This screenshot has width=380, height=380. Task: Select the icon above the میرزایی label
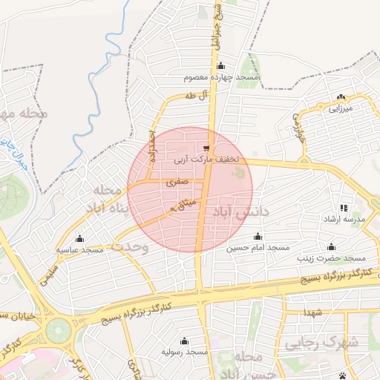click(x=341, y=96)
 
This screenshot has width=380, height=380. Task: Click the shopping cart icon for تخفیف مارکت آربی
click(x=206, y=148)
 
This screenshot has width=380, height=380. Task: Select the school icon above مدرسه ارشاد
click(x=343, y=209)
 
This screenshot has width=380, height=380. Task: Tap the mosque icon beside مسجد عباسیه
click(x=79, y=238)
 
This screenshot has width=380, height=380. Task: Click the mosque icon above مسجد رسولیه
click(x=183, y=341)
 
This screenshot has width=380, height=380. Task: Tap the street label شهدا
click(x=311, y=310)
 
